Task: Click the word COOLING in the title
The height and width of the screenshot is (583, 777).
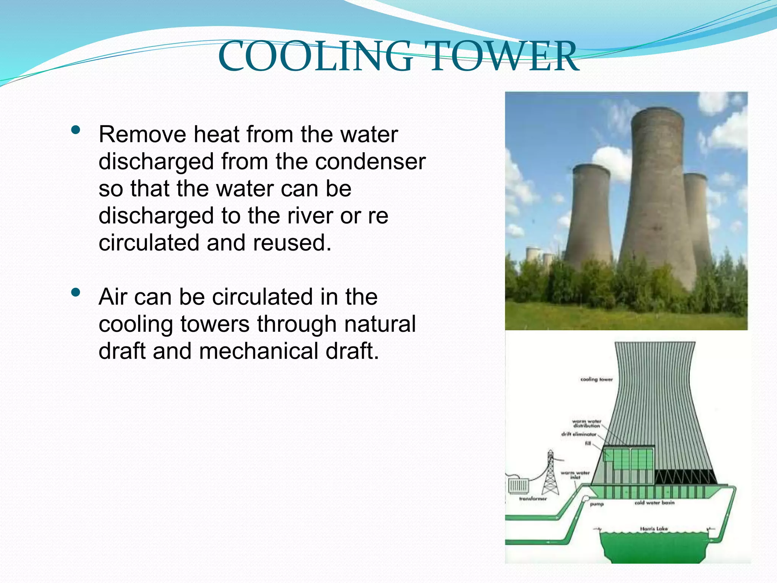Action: [315, 57]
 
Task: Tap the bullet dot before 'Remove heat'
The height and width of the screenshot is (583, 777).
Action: [75, 131]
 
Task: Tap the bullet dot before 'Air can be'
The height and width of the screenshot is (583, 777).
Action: [75, 293]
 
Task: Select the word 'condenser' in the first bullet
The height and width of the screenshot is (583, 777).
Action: [370, 162]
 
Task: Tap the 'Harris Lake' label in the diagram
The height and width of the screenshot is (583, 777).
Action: [654, 528]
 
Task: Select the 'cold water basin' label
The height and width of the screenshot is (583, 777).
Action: [654, 503]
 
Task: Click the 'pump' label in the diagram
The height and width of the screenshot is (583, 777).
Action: [597, 504]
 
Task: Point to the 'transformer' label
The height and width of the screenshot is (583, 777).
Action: [533, 499]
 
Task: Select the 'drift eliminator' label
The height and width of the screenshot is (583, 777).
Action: [579, 434]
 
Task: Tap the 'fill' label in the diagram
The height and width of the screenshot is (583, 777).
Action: [588, 443]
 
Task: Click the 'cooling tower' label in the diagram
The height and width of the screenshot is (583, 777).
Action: [596, 379]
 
